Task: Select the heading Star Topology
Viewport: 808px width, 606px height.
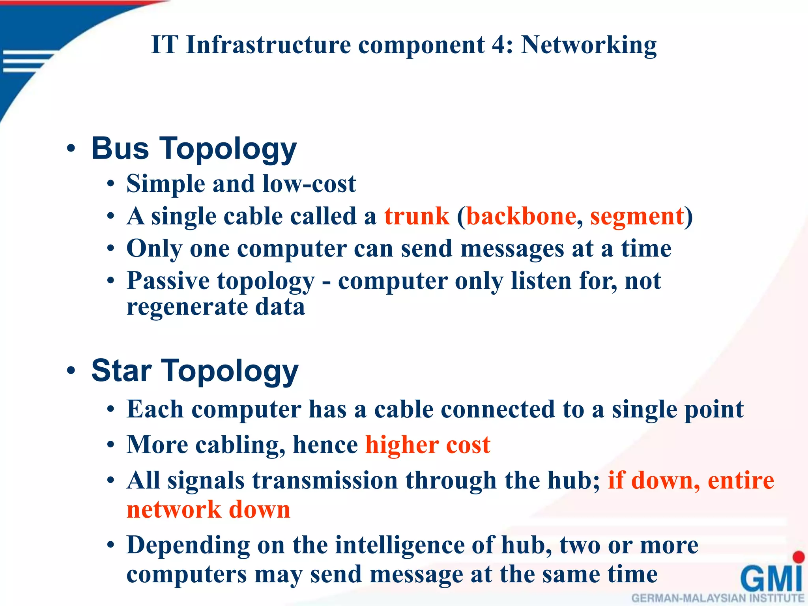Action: point(195,371)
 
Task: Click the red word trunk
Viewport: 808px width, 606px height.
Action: point(417,216)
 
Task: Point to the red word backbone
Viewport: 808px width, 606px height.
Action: point(521,216)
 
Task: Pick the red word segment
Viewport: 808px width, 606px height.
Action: point(637,217)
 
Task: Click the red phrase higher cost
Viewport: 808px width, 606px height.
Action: point(428,445)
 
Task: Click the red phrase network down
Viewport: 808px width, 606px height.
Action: point(208,510)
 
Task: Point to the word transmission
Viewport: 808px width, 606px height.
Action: point(325,481)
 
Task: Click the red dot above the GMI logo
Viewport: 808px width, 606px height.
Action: point(799,557)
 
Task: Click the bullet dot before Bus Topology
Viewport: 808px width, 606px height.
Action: point(71,149)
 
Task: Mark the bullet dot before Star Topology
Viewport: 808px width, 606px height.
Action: point(71,370)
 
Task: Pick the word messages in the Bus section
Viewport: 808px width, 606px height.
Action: point(512,249)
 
